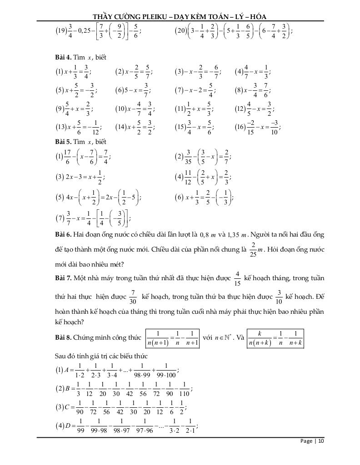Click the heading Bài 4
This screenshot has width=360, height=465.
tap(62, 58)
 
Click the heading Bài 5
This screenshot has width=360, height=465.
tap(62, 142)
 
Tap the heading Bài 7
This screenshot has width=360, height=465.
tap(62, 277)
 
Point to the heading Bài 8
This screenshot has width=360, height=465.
tap(62, 337)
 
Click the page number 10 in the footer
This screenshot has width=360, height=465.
tap(321, 441)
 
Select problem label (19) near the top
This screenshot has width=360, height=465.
tap(60, 31)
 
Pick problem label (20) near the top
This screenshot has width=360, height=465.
tap(180, 31)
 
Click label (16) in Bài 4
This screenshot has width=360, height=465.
tap(241, 127)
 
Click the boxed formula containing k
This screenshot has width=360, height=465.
tap(275, 338)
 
